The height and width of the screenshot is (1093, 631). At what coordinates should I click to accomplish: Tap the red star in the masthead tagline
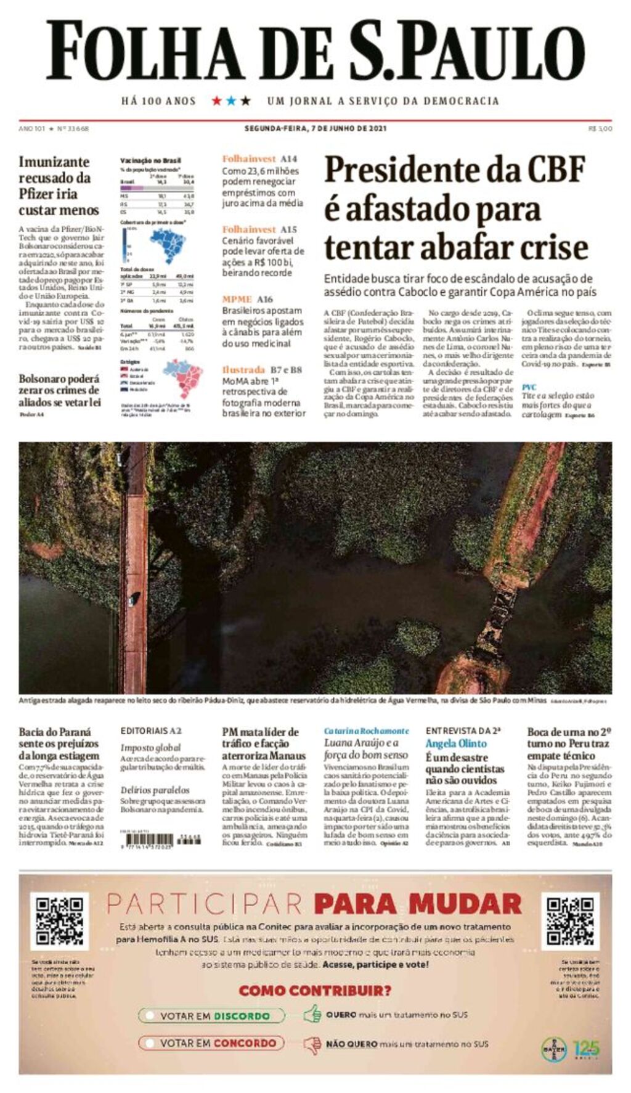pyautogui.click(x=217, y=100)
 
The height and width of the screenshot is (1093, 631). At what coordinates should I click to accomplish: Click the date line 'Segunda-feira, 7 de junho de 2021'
pyautogui.click(x=315, y=128)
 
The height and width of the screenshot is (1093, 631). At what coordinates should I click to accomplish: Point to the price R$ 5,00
pyautogui.click(x=600, y=128)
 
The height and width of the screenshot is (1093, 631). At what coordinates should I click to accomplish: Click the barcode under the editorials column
pyautogui.click(x=149, y=840)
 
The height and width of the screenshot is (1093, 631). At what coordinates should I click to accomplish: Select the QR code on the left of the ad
pyautogui.click(x=59, y=922)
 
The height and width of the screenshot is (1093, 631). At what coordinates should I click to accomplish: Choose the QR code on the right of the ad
pyautogui.click(x=571, y=921)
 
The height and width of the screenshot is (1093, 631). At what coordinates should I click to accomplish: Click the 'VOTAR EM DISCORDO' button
pyautogui.click(x=212, y=1015)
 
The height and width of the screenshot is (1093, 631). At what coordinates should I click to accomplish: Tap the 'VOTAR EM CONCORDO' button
pyautogui.click(x=212, y=1043)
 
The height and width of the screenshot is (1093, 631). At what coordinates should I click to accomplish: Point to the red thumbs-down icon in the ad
pyautogui.click(x=312, y=1044)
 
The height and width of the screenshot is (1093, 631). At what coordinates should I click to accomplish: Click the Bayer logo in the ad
pyautogui.click(x=553, y=1049)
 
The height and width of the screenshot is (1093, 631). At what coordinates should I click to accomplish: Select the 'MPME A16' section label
pyautogui.click(x=247, y=299)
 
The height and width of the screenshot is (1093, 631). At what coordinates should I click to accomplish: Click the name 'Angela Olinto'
pyautogui.click(x=455, y=743)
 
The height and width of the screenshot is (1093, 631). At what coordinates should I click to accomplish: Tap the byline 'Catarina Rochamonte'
pyautogui.click(x=366, y=731)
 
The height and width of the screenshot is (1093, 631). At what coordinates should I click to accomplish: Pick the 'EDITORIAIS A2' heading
pyautogui.click(x=151, y=731)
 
